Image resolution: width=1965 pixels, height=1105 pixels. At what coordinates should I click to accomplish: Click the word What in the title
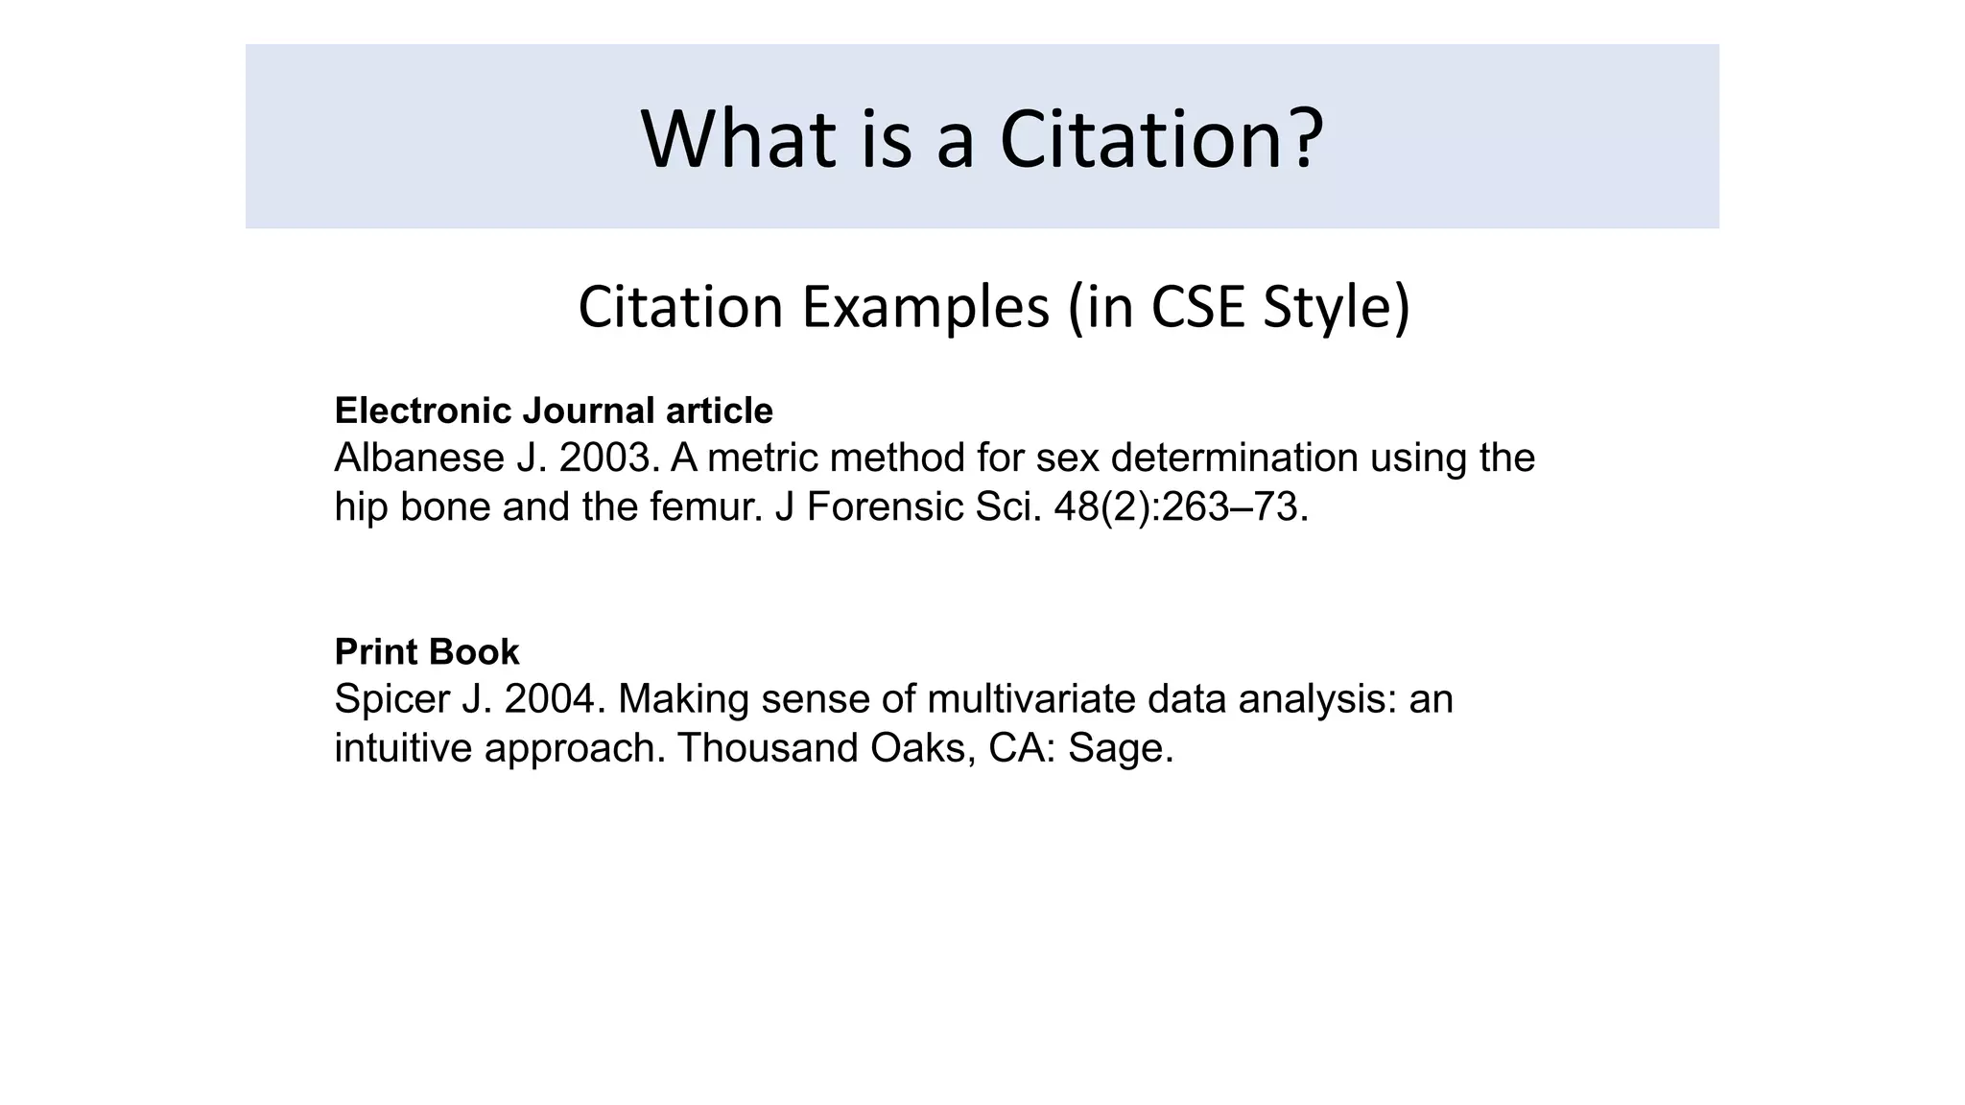click(737, 140)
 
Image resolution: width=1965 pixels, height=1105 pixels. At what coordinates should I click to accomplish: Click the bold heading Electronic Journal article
click(554, 411)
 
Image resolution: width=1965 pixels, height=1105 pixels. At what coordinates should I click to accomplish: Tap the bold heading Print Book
click(427, 652)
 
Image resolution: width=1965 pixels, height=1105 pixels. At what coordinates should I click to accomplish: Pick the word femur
click(705, 507)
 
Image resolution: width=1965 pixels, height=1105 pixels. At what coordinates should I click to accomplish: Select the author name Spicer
click(391, 699)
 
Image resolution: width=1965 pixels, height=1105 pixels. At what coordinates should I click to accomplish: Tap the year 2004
click(555, 699)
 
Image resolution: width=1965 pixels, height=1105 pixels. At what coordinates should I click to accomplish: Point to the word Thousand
click(767, 748)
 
